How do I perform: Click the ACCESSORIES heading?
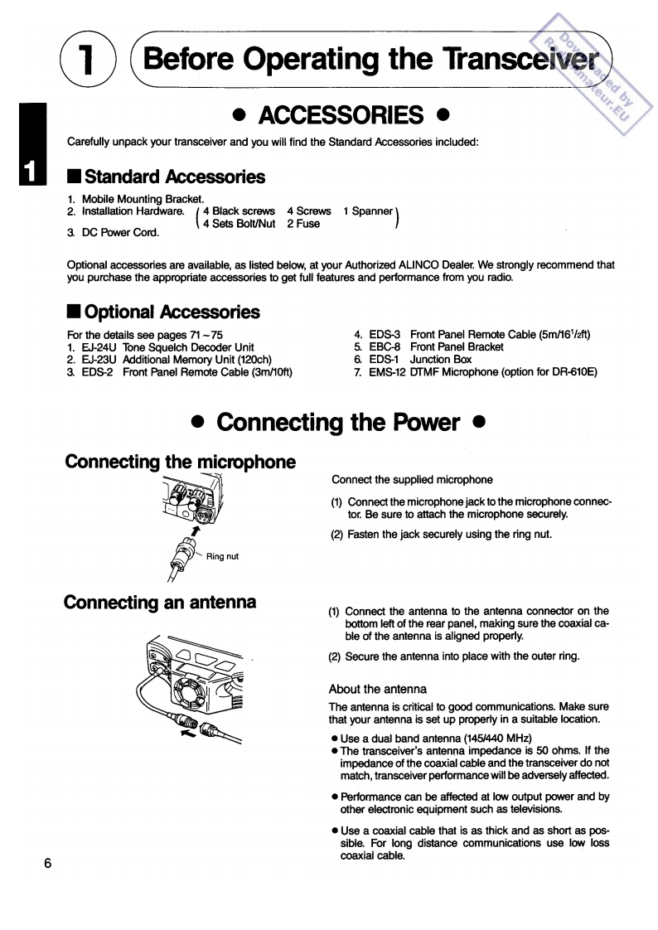[341, 114]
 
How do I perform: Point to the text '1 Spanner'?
[368, 211]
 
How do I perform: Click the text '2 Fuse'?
[303, 224]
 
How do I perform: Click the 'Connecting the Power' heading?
[338, 422]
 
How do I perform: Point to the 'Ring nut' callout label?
[221, 556]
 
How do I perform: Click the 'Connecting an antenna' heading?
[160, 602]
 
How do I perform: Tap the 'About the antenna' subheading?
[377, 689]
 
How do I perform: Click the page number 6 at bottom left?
[48, 864]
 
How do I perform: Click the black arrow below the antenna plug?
[190, 732]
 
